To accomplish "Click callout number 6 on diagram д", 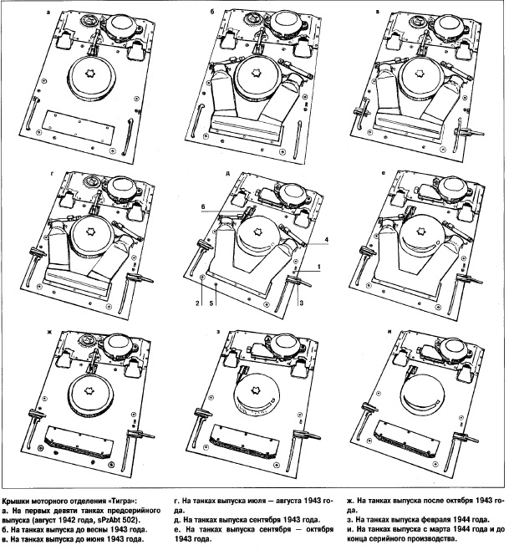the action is click(203, 207).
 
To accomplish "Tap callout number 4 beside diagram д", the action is click(326, 240).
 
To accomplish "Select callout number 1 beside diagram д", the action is click(319, 267).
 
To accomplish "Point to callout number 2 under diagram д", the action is click(197, 303).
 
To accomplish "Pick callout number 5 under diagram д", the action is click(211, 303).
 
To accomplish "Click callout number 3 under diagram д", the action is click(301, 303).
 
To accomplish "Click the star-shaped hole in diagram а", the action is click(90, 74).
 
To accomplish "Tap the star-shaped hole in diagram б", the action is click(256, 72).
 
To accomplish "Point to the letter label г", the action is click(52, 174).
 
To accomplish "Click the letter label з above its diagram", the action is click(218, 332).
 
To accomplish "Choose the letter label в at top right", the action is click(378, 12).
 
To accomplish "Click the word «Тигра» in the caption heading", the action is click(125, 501).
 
